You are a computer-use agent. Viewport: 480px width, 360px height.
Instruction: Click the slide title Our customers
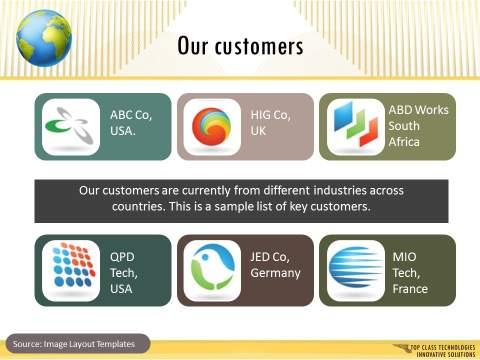(x=240, y=46)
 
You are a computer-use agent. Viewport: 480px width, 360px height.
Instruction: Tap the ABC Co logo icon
(x=68, y=127)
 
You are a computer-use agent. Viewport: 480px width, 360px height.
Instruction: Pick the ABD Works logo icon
(x=352, y=127)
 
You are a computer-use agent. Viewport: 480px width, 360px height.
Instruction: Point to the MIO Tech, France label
(x=411, y=271)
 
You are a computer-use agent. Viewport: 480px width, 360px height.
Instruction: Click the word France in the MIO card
(x=411, y=289)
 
